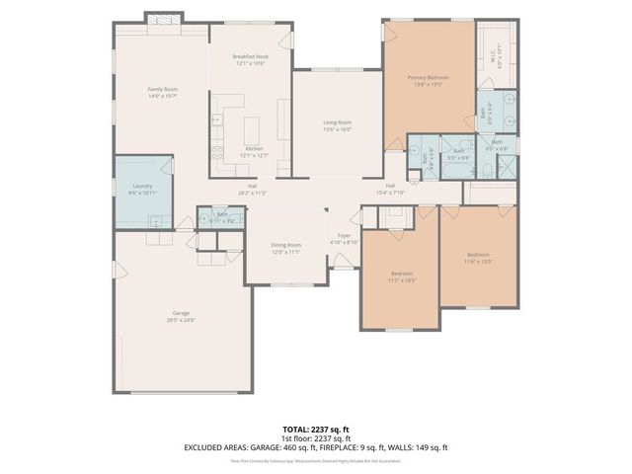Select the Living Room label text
click(x=337, y=122)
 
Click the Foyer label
click(x=345, y=235)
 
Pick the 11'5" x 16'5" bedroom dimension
click(x=401, y=280)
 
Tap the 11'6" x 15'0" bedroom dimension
click(x=477, y=263)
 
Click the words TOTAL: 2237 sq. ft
click(x=315, y=430)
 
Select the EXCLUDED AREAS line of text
click(x=315, y=447)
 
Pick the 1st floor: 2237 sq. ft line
click(x=315, y=438)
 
